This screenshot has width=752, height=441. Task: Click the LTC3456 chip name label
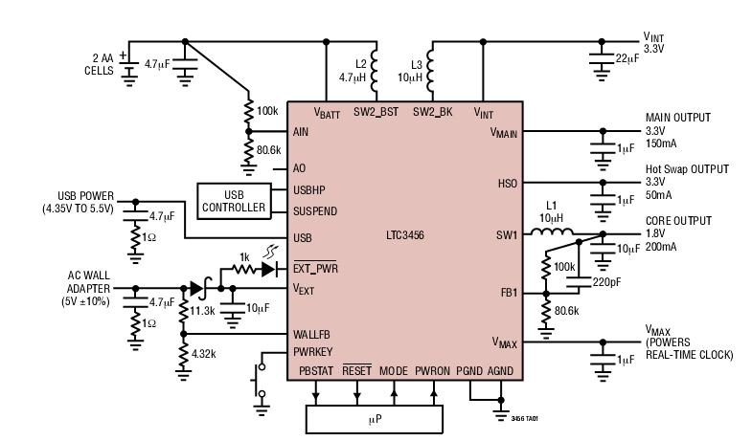coord(405,233)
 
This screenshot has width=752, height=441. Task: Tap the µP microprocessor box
coord(374,419)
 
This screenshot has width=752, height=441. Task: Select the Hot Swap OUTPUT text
coord(686,169)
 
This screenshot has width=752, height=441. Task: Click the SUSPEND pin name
coord(315,210)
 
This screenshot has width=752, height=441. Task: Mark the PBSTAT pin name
coord(315,369)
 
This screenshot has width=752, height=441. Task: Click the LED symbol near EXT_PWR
coord(272,269)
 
